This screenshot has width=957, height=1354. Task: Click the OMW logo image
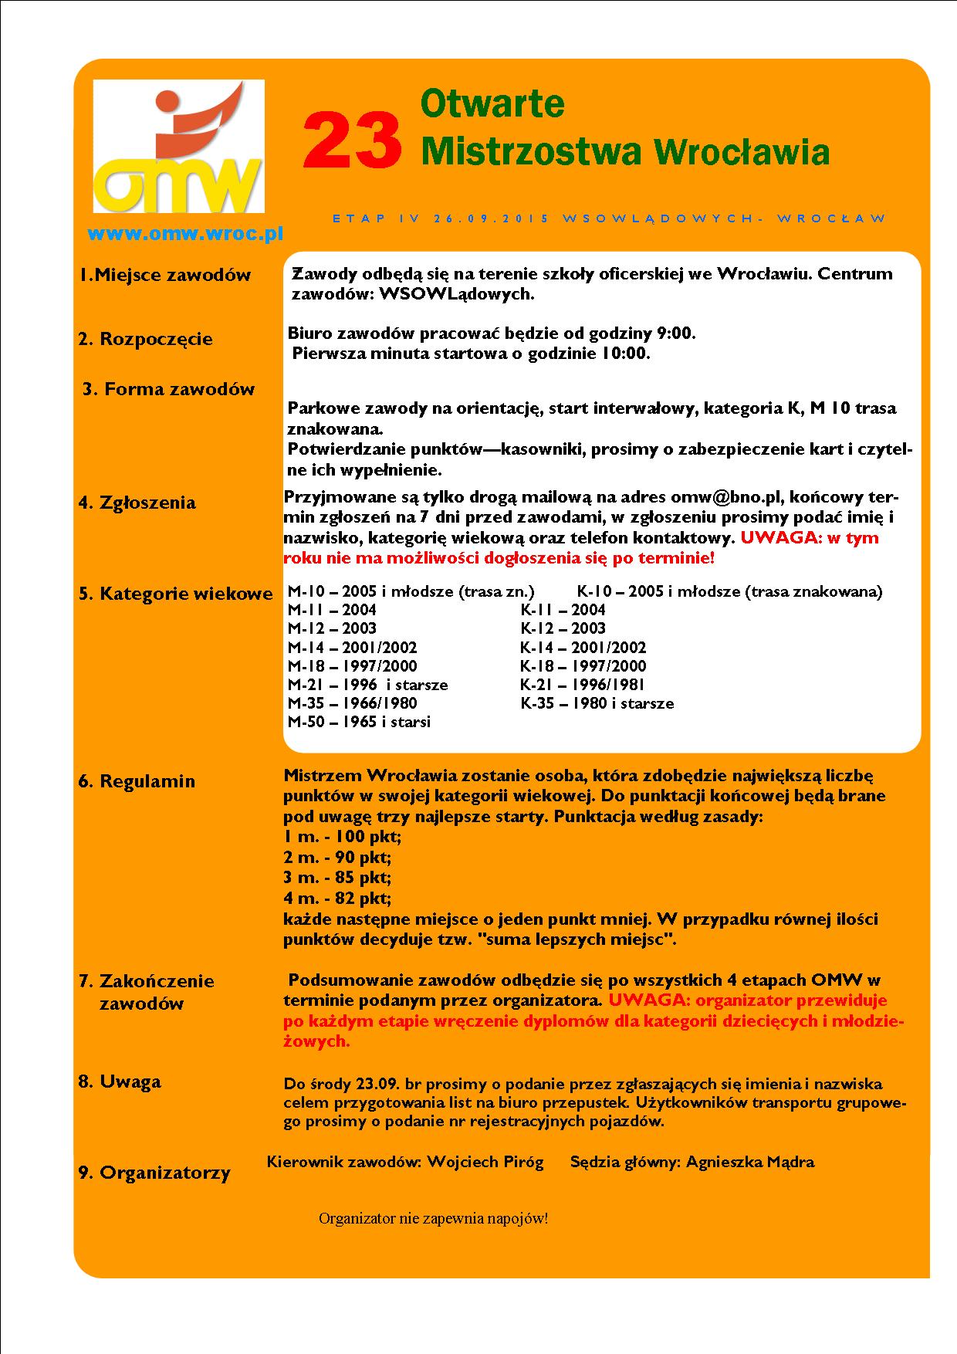(x=178, y=147)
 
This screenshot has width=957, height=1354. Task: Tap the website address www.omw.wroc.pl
(x=185, y=233)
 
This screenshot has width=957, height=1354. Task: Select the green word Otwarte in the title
(x=492, y=103)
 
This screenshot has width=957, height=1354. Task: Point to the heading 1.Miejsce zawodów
(x=165, y=275)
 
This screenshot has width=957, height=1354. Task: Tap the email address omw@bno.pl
(x=727, y=497)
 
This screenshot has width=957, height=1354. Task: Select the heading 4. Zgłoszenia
(x=137, y=503)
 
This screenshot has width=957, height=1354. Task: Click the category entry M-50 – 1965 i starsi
(x=359, y=722)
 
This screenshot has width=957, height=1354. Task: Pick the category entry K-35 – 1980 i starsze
(x=597, y=703)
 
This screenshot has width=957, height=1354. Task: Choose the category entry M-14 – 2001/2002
(x=352, y=648)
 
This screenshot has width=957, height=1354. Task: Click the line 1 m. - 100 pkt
(x=343, y=837)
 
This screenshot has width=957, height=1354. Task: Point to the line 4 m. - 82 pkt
(x=337, y=899)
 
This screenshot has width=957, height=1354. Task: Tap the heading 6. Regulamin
(x=137, y=781)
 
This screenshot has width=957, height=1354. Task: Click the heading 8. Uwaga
(x=120, y=1082)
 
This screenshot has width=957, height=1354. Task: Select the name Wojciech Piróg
(x=485, y=1163)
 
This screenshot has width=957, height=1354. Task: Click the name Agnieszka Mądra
(x=749, y=1163)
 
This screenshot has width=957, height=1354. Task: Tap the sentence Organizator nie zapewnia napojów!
(x=433, y=1220)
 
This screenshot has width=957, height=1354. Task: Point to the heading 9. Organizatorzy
(x=154, y=1173)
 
